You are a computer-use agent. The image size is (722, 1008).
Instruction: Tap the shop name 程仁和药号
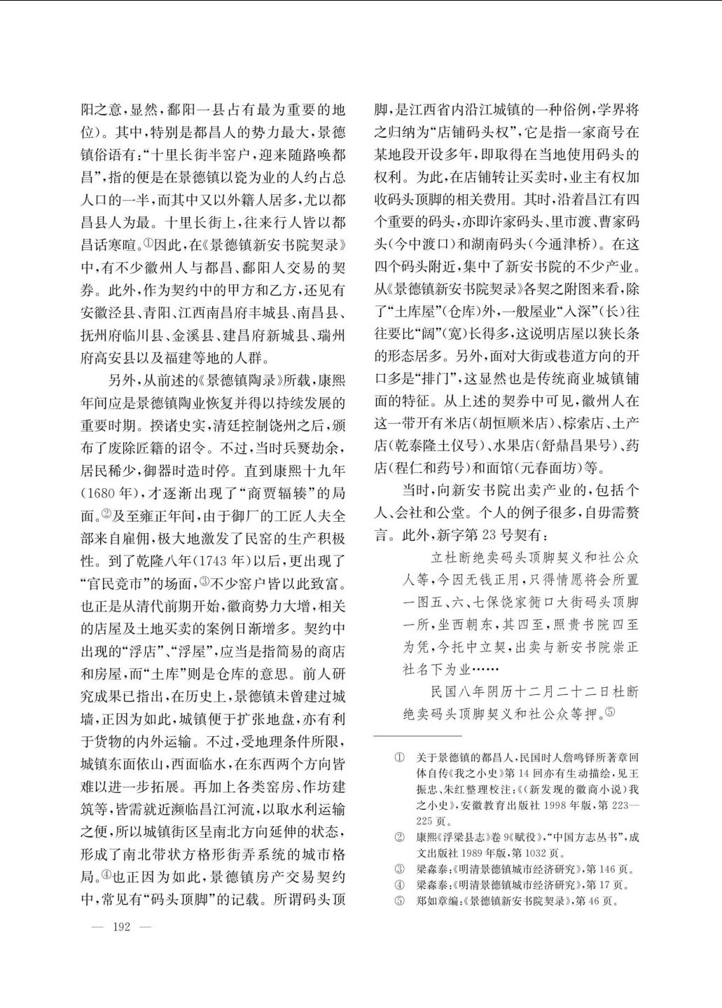pos(438,467)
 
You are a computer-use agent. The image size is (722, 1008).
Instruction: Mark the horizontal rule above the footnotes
pos(417,736)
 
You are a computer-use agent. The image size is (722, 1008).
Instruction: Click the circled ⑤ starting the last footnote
pos(399,901)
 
